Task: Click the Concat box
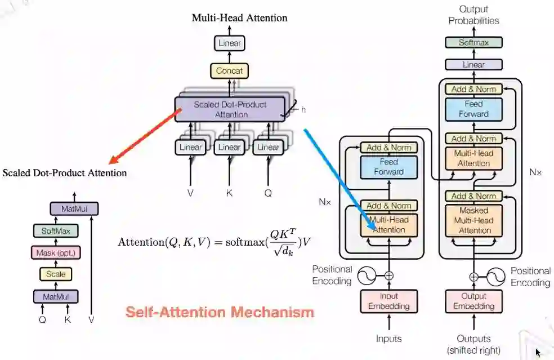click(x=229, y=71)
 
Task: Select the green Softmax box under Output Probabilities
click(x=473, y=42)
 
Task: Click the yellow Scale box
click(x=56, y=274)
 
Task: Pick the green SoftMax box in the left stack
click(x=56, y=230)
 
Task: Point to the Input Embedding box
click(x=388, y=301)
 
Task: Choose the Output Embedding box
click(x=473, y=301)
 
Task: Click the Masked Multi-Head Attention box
click(x=473, y=220)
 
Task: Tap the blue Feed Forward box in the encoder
click(x=388, y=166)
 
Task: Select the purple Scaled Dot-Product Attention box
click(x=230, y=109)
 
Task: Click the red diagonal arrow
click(x=146, y=135)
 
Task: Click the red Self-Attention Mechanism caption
click(x=220, y=312)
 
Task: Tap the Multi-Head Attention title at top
click(x=239, y=17)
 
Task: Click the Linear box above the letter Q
click(x=267, y=147)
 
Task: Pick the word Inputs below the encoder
click(x=388, y=339)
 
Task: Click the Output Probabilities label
click(x=473, y=15)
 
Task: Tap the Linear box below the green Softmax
click(x=473, y=65)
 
